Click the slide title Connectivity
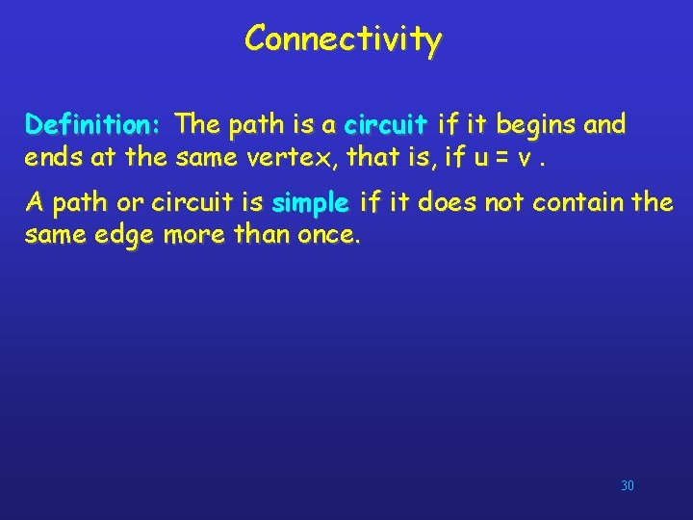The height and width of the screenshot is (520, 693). (x=343, y=39)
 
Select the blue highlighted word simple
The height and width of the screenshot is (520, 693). (x=310, y=203)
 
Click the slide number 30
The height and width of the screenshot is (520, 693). (x=627, y=486)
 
